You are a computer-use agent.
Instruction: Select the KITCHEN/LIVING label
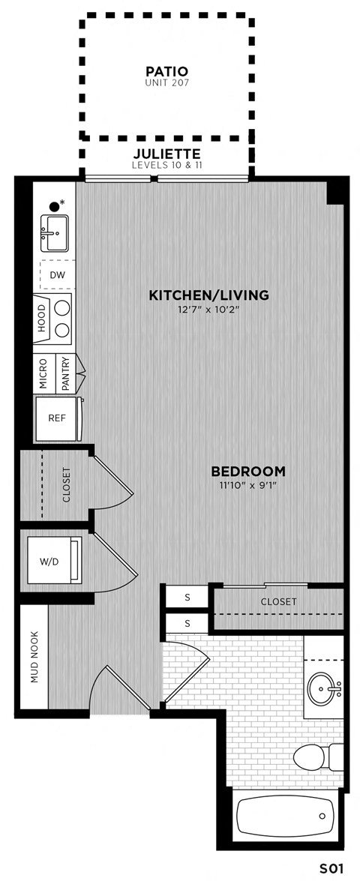pos(208,295)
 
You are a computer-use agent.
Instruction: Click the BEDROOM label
pos(248,472)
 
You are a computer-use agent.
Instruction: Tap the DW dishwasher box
pos(57,274)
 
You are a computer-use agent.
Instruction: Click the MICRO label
pos(43,373)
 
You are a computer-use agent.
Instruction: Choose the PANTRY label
pos(65,373)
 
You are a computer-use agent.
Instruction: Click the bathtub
pos(284,817)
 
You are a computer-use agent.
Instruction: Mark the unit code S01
pos(331,868)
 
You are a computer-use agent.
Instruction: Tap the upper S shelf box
pos(187,598)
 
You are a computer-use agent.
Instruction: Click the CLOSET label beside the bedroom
pos(278,601)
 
